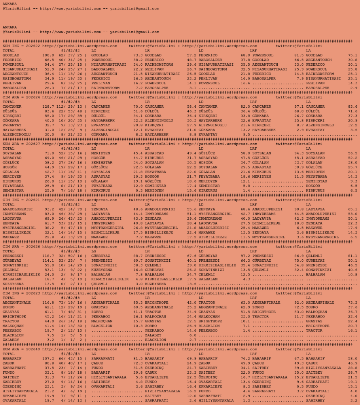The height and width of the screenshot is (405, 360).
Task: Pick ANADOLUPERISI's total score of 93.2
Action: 49,209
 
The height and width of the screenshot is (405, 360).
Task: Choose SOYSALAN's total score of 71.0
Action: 49,153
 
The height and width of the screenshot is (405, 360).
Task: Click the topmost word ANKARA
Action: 9,4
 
